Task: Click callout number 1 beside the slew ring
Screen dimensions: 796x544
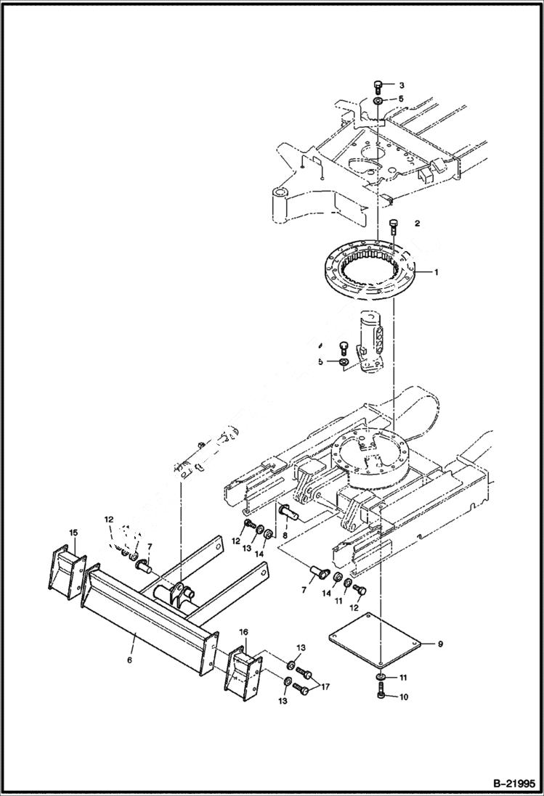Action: click(x=437, y=273)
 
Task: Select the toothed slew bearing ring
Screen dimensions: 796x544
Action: click(x=371, y=274)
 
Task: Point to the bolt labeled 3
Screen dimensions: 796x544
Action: click(x=378, y=86)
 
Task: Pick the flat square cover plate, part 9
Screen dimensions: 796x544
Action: click(x=375, y=640)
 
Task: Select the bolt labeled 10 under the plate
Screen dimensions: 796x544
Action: click(x=381, y=697)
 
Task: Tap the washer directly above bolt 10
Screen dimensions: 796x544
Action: click(x=381, y=678)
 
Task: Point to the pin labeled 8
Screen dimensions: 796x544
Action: click(x=288, y=513)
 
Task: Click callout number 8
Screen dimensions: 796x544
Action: click(x=284, y=536)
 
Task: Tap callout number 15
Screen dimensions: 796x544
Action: click(x=73, y=533)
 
